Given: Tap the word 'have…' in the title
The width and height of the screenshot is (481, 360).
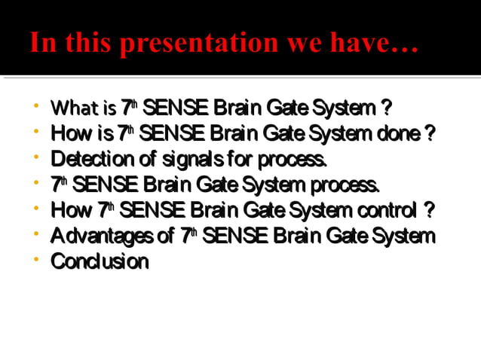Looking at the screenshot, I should click(376, 42).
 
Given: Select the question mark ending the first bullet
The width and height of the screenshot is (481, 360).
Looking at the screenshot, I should click(386, 108).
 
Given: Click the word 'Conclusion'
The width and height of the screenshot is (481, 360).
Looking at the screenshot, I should click(100, 261).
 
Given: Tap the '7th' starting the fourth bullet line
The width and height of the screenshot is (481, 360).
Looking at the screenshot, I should click(59, 185).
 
